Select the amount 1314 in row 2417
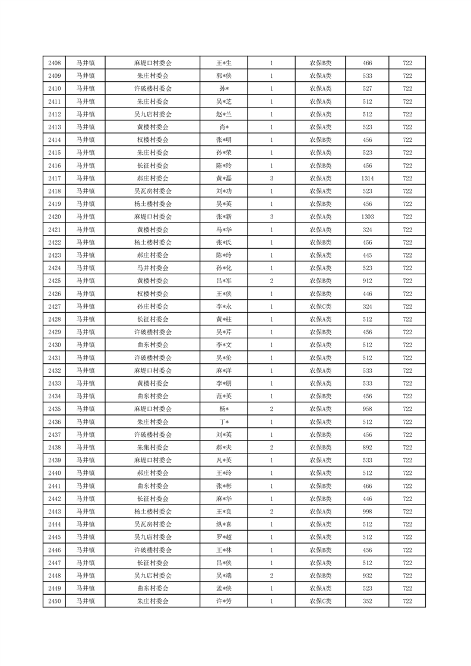pyautogui.click(x=367, y=178)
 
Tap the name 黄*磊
pyautogui.click(x=223, y=178)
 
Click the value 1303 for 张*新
pyautogui.click(x=367, y=217)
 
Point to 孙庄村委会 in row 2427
pyautogui.click(x=153, y=306)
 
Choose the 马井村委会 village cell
pyautogui.click(x=153, y=268)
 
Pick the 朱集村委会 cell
pyautogui.click(x=153, y=447)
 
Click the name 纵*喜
pyautogui.click(x=223, y=524)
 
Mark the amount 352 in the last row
pyautogui.click(x=367, y=601)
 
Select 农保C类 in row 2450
pyautogui.click(x=320, y=601)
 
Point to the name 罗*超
pyautogui.click(x=223, y=537)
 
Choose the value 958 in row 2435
pyautogui.click(x=367, y=409)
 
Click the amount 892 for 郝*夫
pyautogui.click(x=367, y=447)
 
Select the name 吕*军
pyautogui.click(x=223, y=281)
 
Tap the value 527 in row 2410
pyautogui.click(x=367, y=88)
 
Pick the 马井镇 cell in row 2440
pyautogui.click(x=86, y=473)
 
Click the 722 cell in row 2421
pyautogui.click(x=407, y=229)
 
